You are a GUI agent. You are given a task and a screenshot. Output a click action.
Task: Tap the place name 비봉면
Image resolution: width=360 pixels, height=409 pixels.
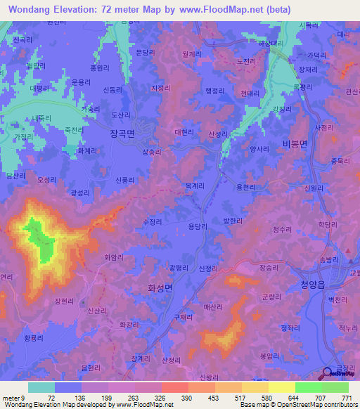tap(295, 143)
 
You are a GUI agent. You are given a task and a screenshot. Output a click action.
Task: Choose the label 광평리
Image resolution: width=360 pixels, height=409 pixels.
tap(179, 268)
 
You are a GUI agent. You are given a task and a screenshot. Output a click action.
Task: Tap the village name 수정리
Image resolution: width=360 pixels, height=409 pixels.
tap(152, 221)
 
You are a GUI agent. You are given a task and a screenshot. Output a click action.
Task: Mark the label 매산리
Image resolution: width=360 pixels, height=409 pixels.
tap(212, 307)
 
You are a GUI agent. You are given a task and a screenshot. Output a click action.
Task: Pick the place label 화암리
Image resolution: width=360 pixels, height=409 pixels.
tap(115, 257)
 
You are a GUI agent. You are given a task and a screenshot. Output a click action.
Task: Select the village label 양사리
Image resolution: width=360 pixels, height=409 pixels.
tap(259, 139)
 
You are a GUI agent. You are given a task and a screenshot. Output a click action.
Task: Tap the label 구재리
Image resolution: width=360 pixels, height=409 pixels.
tap(184, 317)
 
